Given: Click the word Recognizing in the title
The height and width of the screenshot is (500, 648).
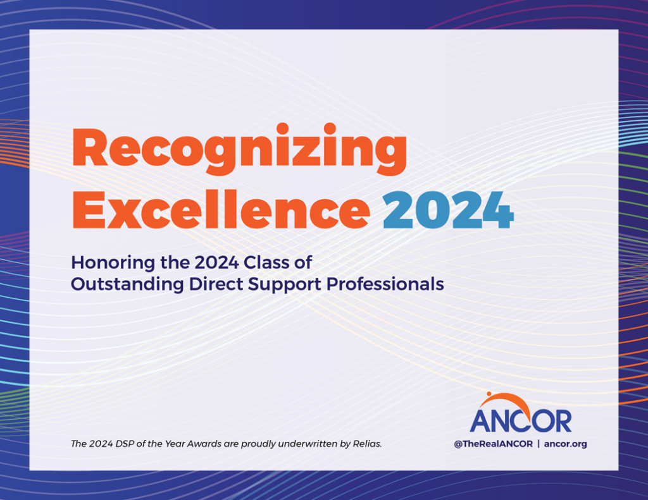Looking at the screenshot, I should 239,150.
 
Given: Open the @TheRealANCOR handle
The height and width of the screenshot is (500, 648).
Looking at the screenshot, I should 492,444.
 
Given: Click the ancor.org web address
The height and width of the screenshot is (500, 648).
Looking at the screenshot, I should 565,444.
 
